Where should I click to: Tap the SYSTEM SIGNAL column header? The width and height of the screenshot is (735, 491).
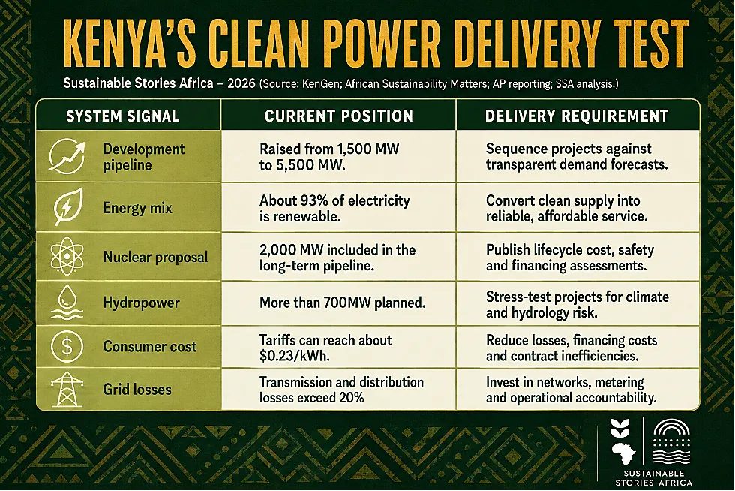click(x=123, y=116)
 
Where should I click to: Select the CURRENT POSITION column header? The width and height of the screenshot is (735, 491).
click(x=339, y=116)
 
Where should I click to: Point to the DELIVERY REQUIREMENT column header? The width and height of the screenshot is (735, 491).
click(x=577, y=116)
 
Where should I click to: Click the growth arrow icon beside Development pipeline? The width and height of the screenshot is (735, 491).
click(x=67, y=156)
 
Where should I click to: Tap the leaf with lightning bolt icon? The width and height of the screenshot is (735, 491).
click(x=68, y=206)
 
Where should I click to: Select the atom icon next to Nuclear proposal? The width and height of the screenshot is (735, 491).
click(x=67, y=256)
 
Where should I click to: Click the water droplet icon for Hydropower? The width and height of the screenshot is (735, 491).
click(x=67, y=303)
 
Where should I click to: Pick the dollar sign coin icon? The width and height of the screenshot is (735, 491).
click(x=67, y=346)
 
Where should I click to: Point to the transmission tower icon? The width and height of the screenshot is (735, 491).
click(x=67, y=389)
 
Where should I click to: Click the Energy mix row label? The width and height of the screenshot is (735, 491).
click(x=138, y=208)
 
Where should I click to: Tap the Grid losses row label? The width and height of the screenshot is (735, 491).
click(x=137, y=389)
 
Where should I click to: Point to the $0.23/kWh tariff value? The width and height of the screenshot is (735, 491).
click(x=294, y=356)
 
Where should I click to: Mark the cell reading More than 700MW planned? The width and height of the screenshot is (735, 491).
click(x=343, y=303)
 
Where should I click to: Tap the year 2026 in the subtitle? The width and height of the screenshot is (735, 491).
click(x=241, y=83)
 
